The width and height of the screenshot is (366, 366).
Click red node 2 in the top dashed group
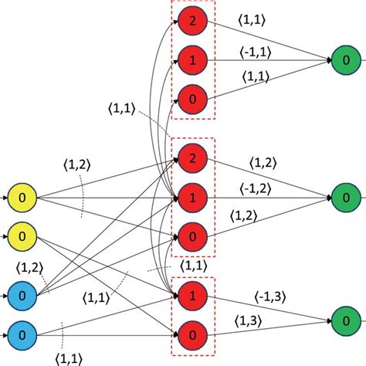191,21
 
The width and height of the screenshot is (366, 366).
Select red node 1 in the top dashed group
191,59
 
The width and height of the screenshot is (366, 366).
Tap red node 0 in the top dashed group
191,99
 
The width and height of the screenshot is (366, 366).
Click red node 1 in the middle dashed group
191,198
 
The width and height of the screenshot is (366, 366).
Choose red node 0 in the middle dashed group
191,237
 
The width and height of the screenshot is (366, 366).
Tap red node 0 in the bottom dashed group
191,334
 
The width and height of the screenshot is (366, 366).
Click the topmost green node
344,59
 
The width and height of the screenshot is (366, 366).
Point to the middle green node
344,198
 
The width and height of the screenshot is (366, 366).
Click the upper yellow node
22,198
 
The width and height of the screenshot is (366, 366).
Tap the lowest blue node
22,334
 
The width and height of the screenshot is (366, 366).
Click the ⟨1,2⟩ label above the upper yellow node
77,164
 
